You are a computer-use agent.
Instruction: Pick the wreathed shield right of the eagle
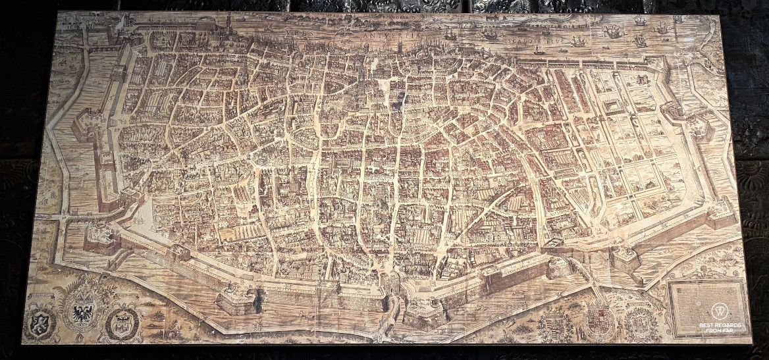click(x=123, y=323)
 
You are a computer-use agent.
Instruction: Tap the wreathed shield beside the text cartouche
click(x=641, y=322)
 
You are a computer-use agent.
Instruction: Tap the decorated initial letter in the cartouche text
click(x=677, y=290)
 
